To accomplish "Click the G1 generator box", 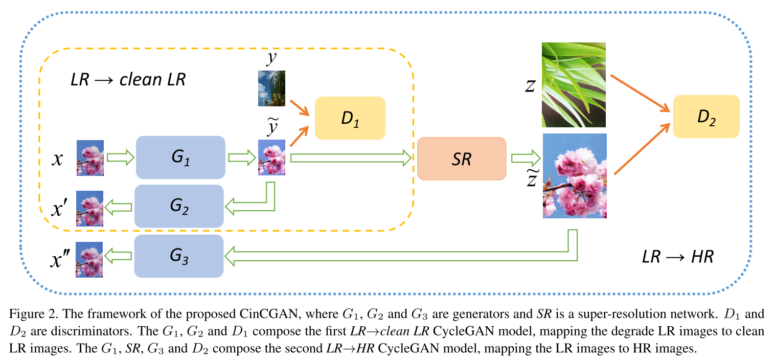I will point(180,157).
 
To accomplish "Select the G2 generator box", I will point(179,206).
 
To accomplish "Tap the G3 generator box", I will point(179,256).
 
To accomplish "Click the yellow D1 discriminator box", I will point(350,118).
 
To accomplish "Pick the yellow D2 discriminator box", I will point(706,116).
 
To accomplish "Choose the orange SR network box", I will point(462,159).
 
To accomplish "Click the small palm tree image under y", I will point(271,88).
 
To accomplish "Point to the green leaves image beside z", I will point(574,84).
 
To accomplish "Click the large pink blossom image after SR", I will point(574,176).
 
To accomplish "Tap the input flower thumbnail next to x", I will point(90,158).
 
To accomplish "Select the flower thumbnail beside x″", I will point(90,260).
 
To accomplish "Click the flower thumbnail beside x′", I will point(90,208).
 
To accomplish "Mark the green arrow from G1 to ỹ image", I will point(241,157).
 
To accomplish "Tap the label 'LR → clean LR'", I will point(128,80).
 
